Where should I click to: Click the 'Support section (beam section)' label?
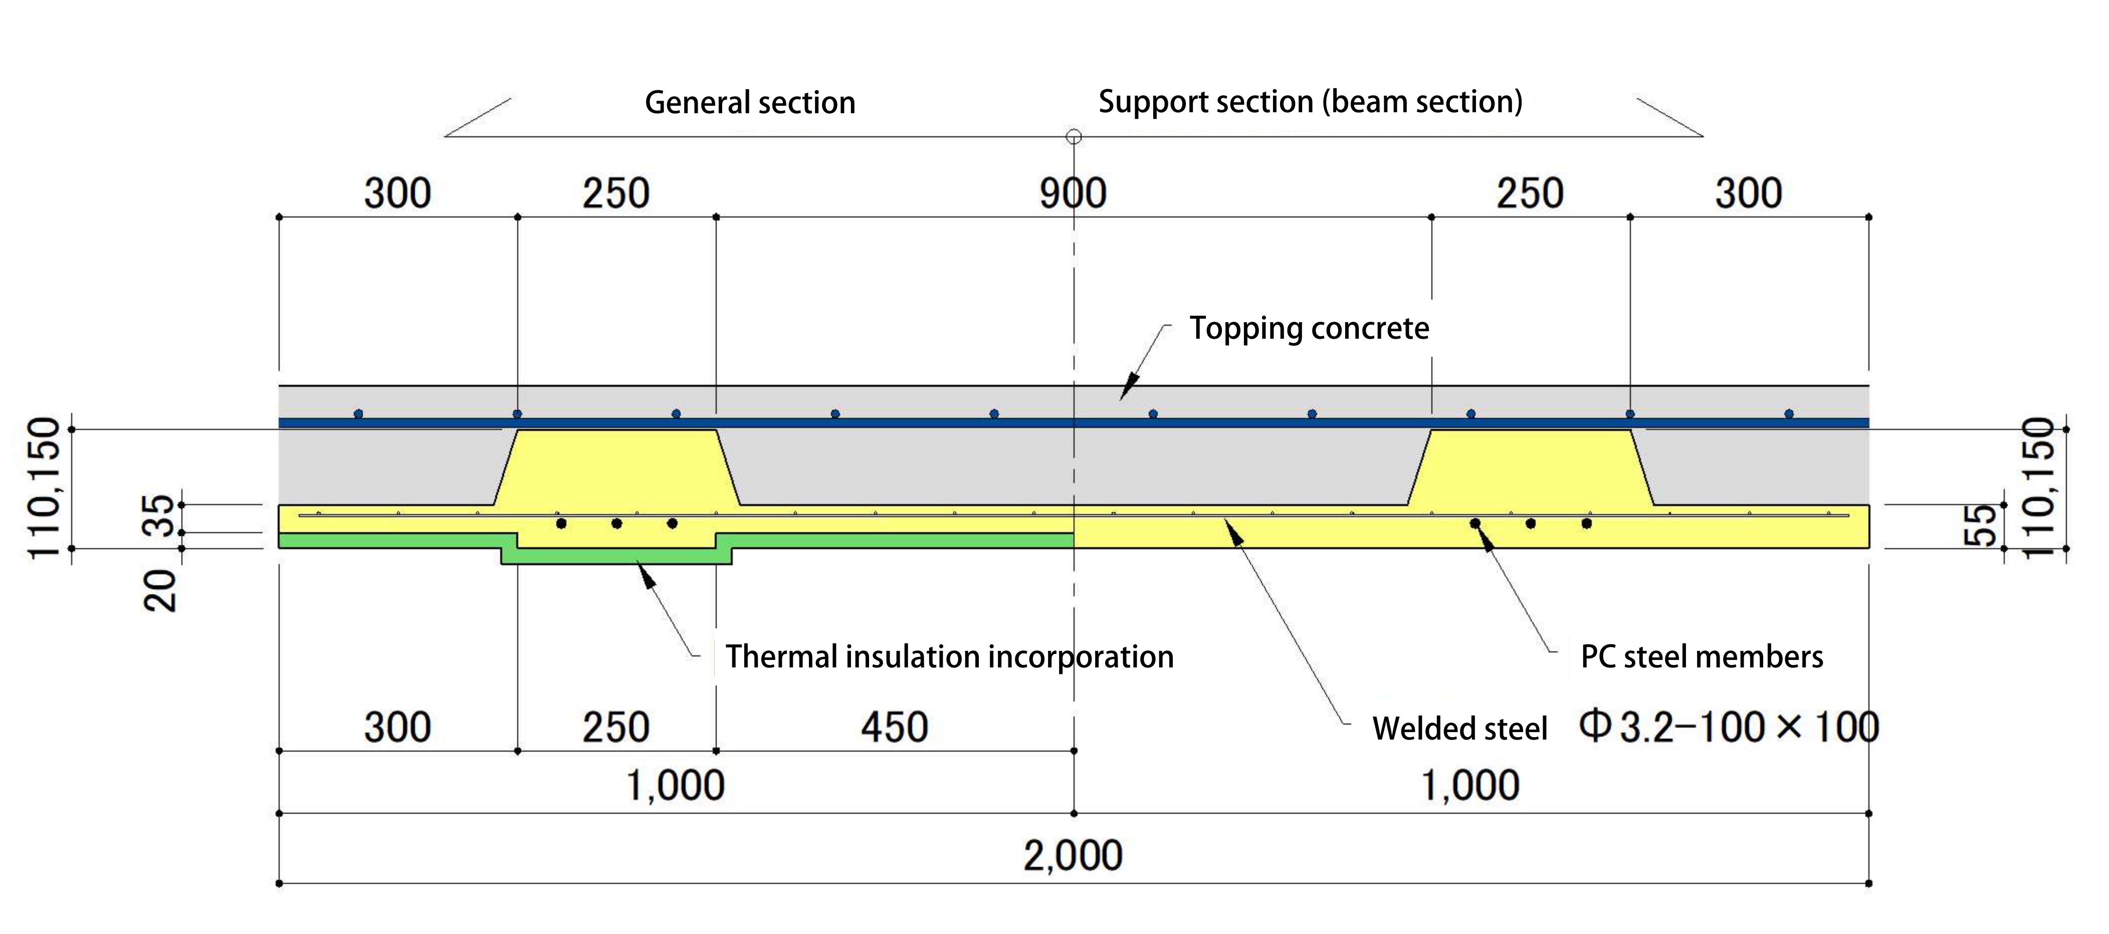click(1310, 102)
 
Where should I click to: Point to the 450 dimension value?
click(894, 728)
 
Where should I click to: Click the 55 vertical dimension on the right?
click(1980, 525)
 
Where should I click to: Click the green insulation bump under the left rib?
click(615, 556)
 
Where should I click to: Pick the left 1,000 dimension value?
click(676, 786)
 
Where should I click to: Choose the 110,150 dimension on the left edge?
click(45, 488)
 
